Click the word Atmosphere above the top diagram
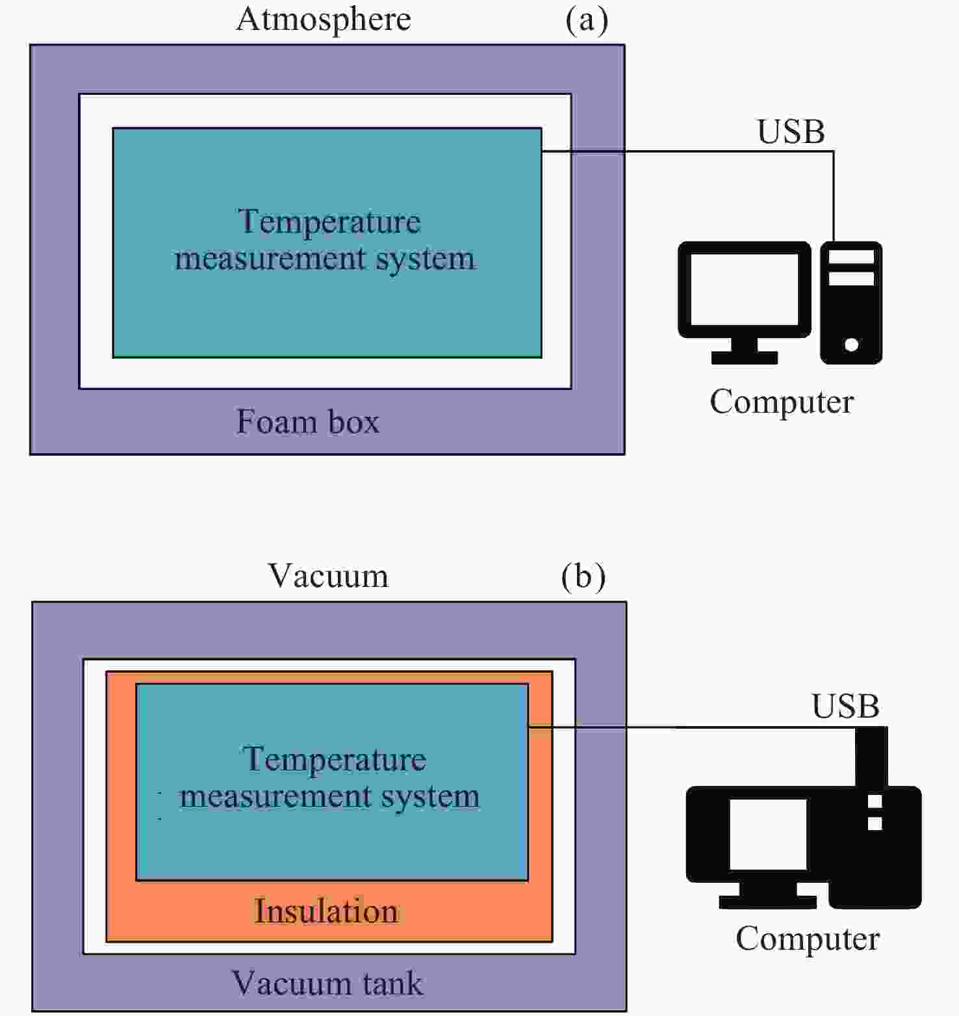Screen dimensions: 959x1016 click(324, 20)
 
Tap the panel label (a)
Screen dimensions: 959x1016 click(587, 20)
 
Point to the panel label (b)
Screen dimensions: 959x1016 click(583, 577)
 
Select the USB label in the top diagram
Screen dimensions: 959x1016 click(791, 132)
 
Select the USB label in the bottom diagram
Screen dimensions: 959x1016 click(845, 707)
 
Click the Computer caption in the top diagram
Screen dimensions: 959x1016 click(782, 402)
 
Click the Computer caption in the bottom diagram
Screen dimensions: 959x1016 click(808, 939)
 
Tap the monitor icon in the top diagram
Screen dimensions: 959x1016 click(745, 302)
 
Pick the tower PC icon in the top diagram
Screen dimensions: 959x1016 click(851, 302)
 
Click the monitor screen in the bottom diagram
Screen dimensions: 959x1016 click(768, 835)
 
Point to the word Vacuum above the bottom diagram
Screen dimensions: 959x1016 click(328, 576)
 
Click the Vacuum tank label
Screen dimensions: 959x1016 click(327, 983)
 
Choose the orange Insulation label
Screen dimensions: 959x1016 click(326, 911)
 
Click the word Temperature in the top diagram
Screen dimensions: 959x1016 click(329, 222)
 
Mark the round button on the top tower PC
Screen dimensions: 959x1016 click(851, 345)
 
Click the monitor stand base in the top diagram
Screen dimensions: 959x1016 click(745, 358)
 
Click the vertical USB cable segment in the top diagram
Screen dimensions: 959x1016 click(834, 196)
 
